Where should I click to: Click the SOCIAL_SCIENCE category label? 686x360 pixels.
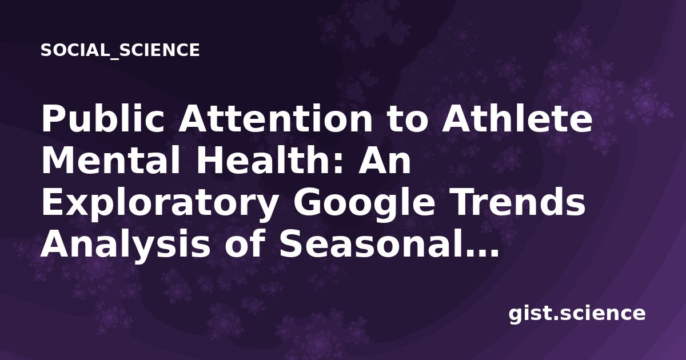120,50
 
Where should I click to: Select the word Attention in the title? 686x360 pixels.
276,119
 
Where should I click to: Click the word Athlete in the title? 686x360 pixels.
517,118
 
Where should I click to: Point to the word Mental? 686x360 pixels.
110,160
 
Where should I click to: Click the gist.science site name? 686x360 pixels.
577,314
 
